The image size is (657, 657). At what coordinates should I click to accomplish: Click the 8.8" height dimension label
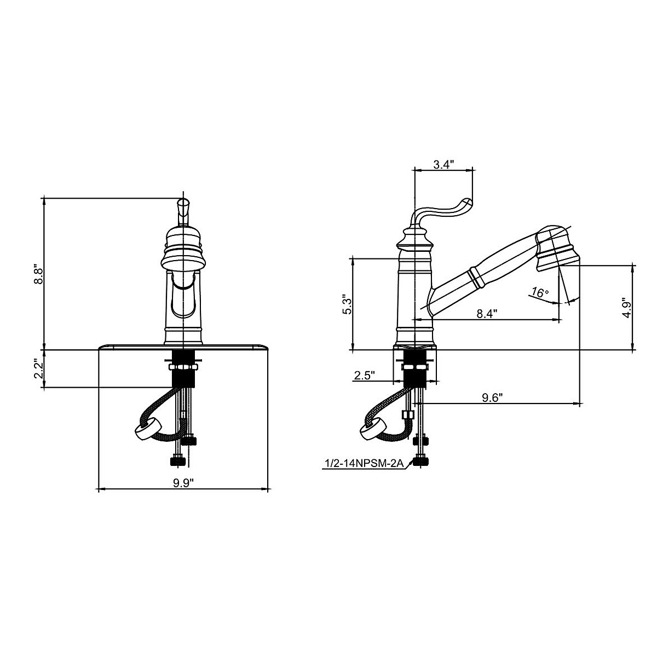tap(38, 273)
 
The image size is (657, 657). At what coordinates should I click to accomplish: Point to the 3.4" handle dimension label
tap(443, 164)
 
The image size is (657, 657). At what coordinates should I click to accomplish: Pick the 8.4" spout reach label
tap(487, 314)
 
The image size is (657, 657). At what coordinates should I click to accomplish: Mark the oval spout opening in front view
tap(183, 296)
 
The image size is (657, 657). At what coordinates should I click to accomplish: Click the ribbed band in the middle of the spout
tap(476, 276)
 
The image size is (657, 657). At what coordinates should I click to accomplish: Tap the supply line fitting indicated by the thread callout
tap(421, 461)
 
